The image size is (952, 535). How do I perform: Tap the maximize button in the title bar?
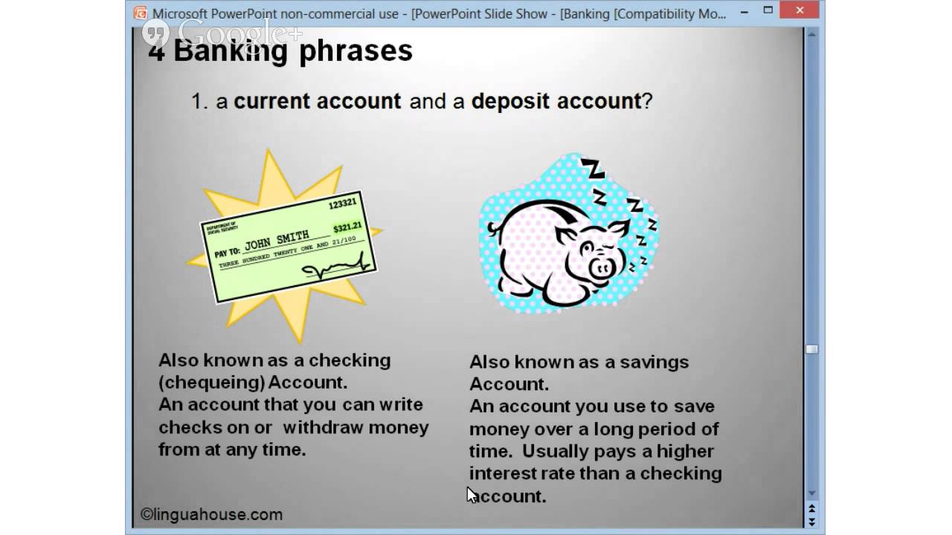(768, 10)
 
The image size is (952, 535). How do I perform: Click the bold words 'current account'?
(317, 101)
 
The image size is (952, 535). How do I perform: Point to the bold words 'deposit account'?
(556, 101)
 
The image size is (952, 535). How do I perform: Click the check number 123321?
(342, 203)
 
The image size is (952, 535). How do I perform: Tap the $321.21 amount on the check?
(347, 227)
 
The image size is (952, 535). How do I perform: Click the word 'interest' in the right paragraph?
(503, 473)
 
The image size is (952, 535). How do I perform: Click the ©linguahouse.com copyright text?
(212, 514)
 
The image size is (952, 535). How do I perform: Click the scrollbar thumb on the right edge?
(811, 349)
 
